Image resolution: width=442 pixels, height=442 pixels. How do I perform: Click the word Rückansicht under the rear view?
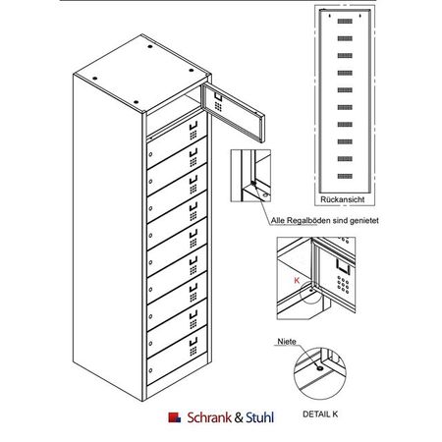coord(342,199)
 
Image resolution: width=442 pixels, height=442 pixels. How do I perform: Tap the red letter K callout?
coord(297,281)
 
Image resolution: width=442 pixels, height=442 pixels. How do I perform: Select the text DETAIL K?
coord(320,414)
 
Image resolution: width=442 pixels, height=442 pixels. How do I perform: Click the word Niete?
coord(287,342)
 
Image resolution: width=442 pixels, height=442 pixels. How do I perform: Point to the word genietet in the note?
coord(364,221)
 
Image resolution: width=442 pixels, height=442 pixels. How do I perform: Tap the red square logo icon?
coord(174,417)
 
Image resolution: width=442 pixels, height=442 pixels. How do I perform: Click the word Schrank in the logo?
coord(209,417)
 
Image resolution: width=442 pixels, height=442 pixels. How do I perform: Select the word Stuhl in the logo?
coord(260,417)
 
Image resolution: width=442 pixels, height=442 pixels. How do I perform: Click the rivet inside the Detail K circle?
coord(319,368)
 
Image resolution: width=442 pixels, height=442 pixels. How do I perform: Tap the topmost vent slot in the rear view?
coord(345,22)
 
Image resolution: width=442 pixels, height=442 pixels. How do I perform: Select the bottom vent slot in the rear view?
coord(345,176)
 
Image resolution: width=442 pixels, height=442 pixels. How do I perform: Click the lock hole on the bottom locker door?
coord(150,370)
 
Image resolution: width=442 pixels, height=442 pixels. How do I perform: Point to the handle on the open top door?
coord(218,97)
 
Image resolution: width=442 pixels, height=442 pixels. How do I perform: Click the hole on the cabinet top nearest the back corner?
coord(150,46)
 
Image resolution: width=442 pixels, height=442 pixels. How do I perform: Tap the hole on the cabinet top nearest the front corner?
coord(136,102)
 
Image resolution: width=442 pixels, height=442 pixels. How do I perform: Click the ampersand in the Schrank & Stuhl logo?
coord(239,417)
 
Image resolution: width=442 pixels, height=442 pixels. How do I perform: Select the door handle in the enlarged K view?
coord(343,266)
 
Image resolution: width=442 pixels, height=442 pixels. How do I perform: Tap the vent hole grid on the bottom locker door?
coord(193,351)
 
